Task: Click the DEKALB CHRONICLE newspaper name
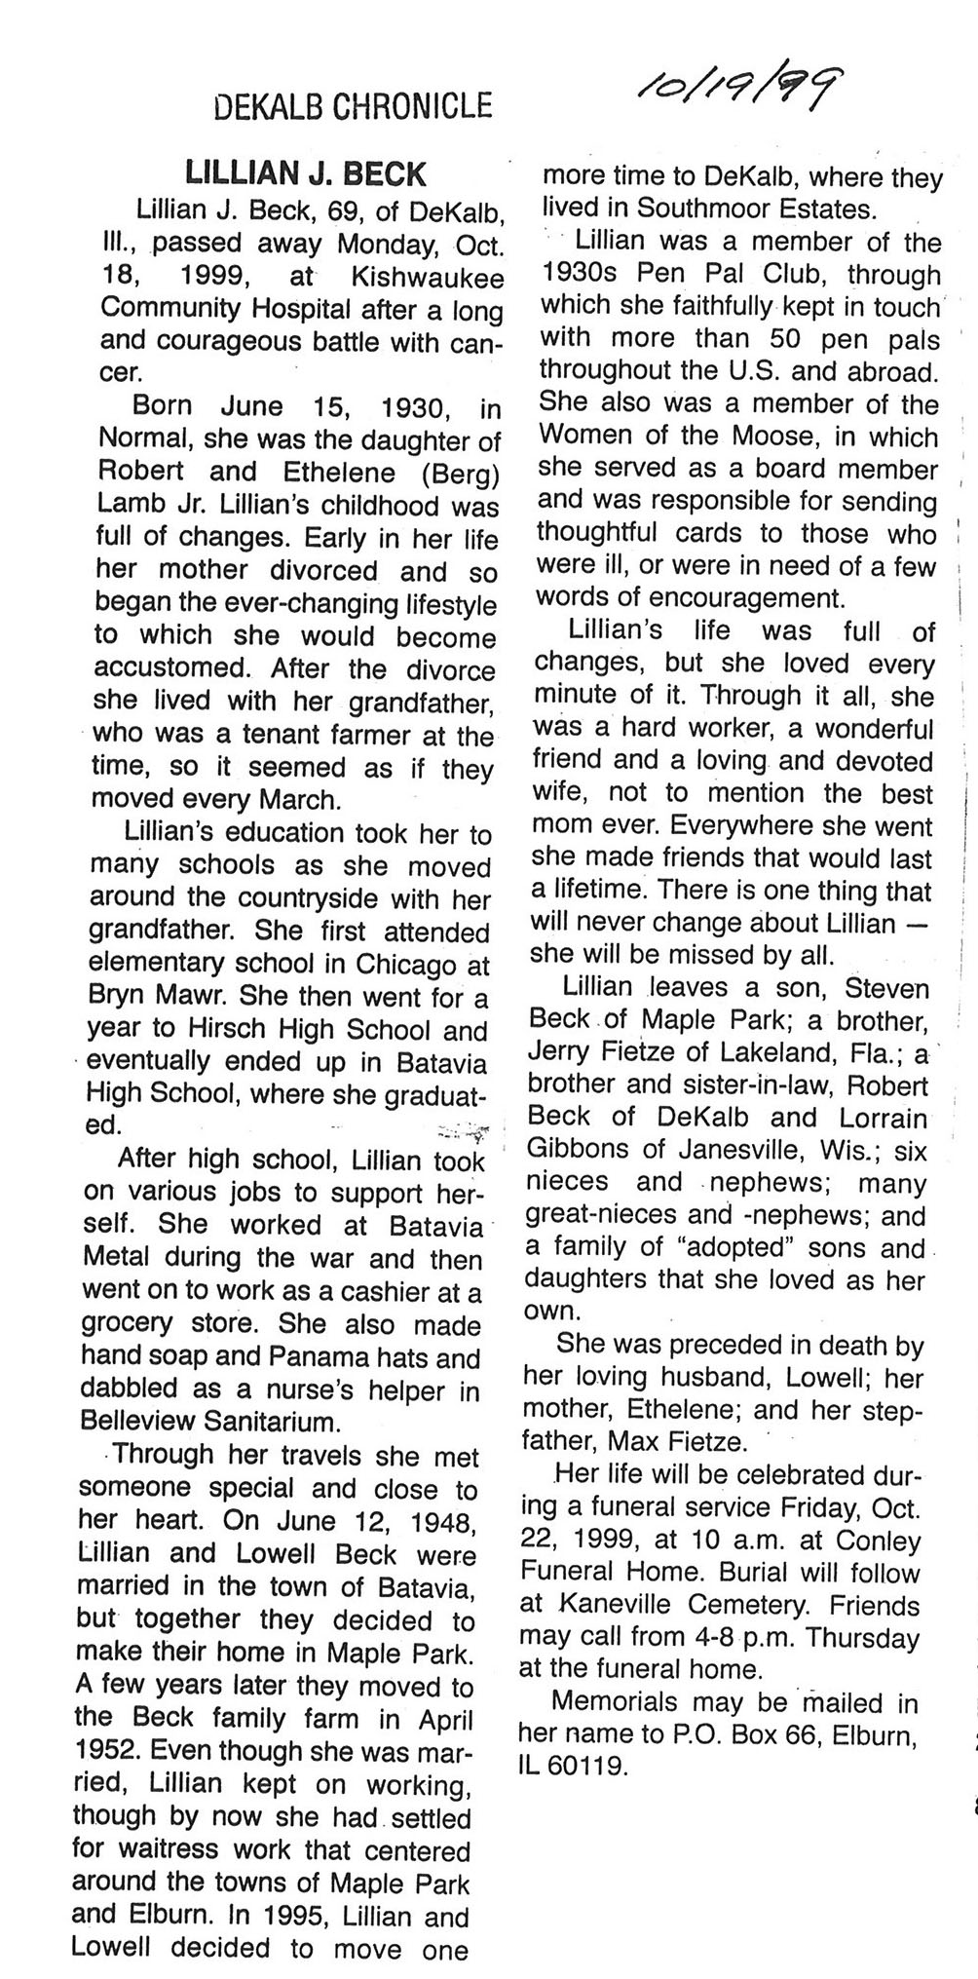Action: [351, 104]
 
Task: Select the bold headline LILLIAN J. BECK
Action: [306, 173]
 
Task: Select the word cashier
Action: [376, 1293]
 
